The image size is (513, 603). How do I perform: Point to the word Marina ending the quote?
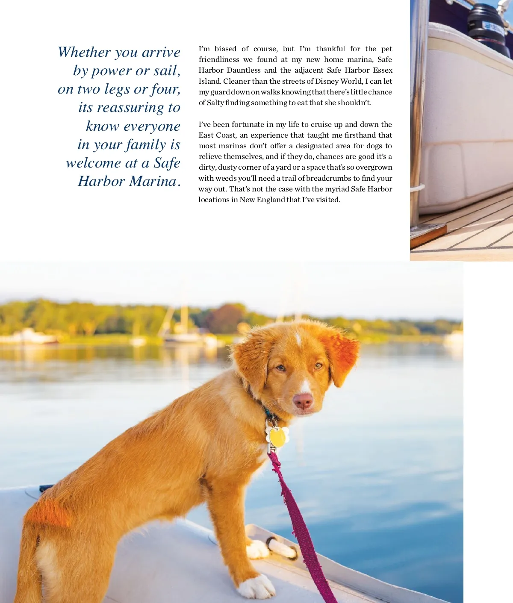153,181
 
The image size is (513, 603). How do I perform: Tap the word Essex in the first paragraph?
382,70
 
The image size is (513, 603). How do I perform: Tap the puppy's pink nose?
303,401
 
